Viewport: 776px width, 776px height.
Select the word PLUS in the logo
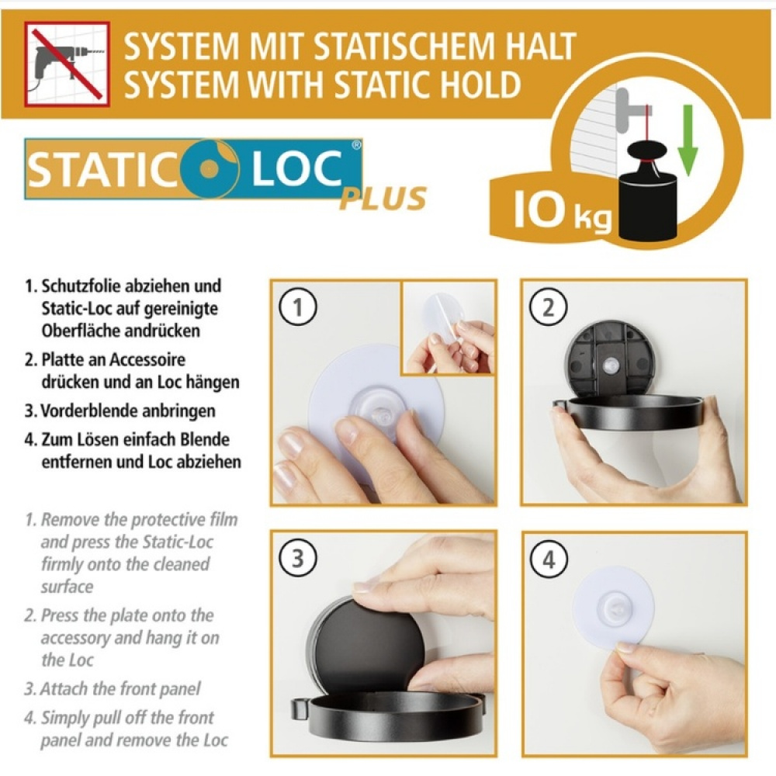tap(383, 199)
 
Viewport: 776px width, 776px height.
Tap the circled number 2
tap(548, 307)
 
